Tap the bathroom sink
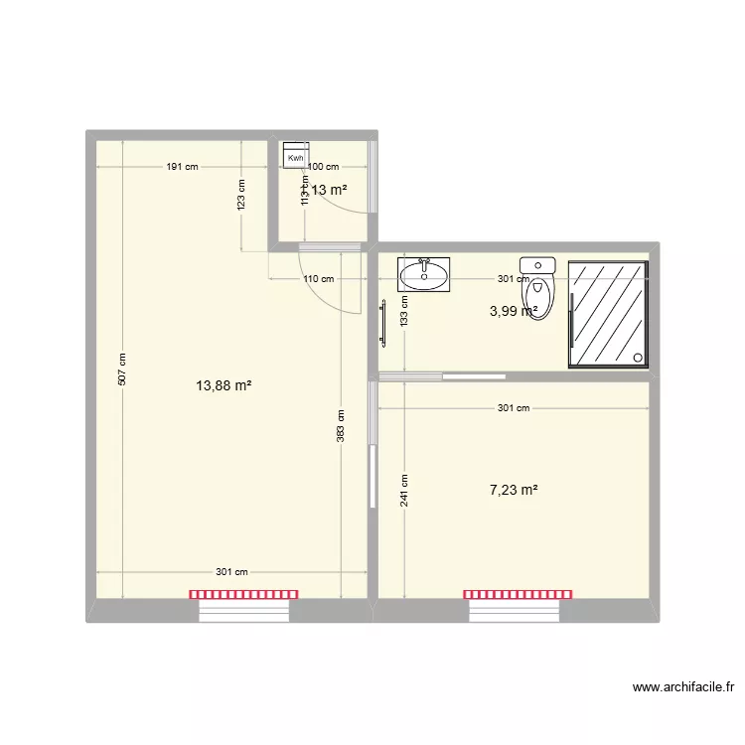[x=423, y=274]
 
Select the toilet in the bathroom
[x=538, y=287]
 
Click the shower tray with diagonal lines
[x=608, y=314]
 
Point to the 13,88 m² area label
[x=223, y=385]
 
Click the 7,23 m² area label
[x=514, y=490]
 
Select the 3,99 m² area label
[x=514, y=311]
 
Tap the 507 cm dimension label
[x=122, y=370]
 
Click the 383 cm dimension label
[x=341, y=427]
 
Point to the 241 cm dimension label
[x=404, y=490]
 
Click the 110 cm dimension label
[x=319, y=279]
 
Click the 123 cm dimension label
[x=241, y=195]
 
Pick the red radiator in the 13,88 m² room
[x=243, y=594]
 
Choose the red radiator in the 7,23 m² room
[x=518, y=594]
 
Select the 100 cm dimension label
[x=324, y=167]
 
